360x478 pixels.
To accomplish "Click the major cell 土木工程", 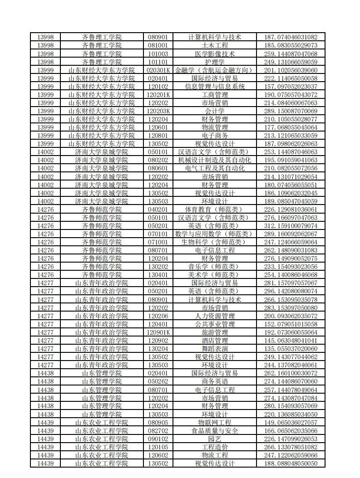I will (214, 45).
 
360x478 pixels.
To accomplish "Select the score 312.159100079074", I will (291, 225).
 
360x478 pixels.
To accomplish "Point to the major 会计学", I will (214, 111).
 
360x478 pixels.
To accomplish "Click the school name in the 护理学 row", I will (102, 62).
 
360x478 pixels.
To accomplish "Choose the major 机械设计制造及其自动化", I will (214, 160).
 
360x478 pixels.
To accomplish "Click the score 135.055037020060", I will (291, 348).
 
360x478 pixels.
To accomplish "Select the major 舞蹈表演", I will (214, 348).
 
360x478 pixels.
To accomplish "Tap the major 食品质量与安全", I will (214, 430).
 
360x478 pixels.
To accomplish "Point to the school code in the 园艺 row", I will (45, 439).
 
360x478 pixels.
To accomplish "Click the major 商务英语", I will (214, 381).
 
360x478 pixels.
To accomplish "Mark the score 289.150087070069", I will (291, 111).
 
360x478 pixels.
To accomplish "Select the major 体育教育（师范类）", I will (214, 209).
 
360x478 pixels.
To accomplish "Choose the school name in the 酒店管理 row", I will (102, 340).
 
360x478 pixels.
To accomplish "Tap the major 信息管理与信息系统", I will (214, 86).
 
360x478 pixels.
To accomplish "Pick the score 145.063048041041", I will (291, 340).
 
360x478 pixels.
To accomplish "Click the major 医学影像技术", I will (214, 54).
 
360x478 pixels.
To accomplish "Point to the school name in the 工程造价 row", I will (102, 447).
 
